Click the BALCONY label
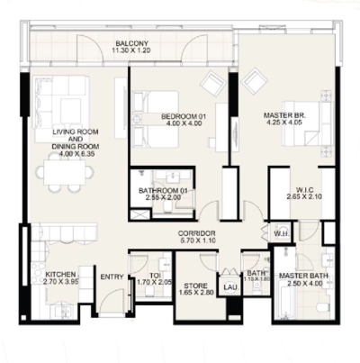pos(131,42)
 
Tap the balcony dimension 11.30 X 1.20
pos(131,51)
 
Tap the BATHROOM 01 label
pos(162,190)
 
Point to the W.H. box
pos(280,235)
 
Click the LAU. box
pos(229,287)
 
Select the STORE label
pos(193,289)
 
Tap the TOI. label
pos(142,276)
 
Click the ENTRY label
pos(112,277)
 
